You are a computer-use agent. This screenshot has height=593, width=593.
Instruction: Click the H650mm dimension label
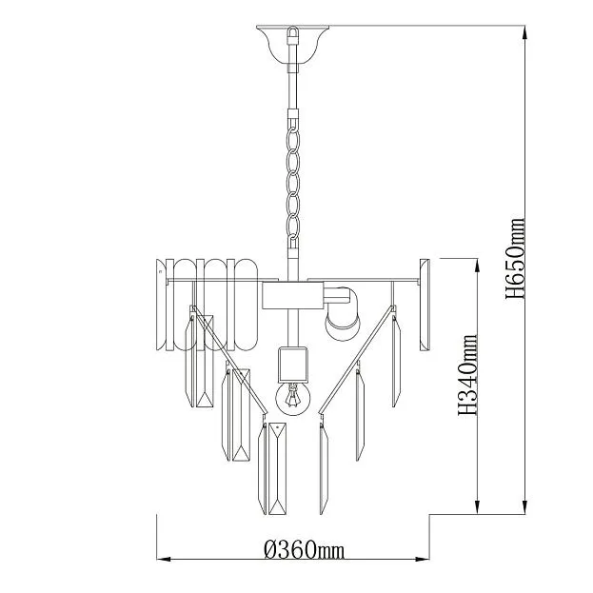click(x=515, y=258)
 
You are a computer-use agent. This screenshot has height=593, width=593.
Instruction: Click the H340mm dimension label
click(x=467, y=375)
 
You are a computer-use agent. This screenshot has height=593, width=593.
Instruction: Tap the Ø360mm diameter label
click(x=305, y=549)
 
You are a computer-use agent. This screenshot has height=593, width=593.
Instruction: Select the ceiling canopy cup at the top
click(x=293, y=44)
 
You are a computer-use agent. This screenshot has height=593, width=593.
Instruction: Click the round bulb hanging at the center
click(x=293, y=398)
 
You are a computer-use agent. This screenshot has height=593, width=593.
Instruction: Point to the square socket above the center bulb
click(x=293, y=365)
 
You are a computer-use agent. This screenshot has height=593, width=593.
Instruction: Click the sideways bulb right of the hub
click(x=343, y=314)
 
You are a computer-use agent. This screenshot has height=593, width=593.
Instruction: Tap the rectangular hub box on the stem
click(x=293, y=295)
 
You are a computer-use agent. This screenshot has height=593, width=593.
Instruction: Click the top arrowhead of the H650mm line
click(x=524, y=33)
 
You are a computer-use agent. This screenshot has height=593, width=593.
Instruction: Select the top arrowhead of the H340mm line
click(x=477, y=267)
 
